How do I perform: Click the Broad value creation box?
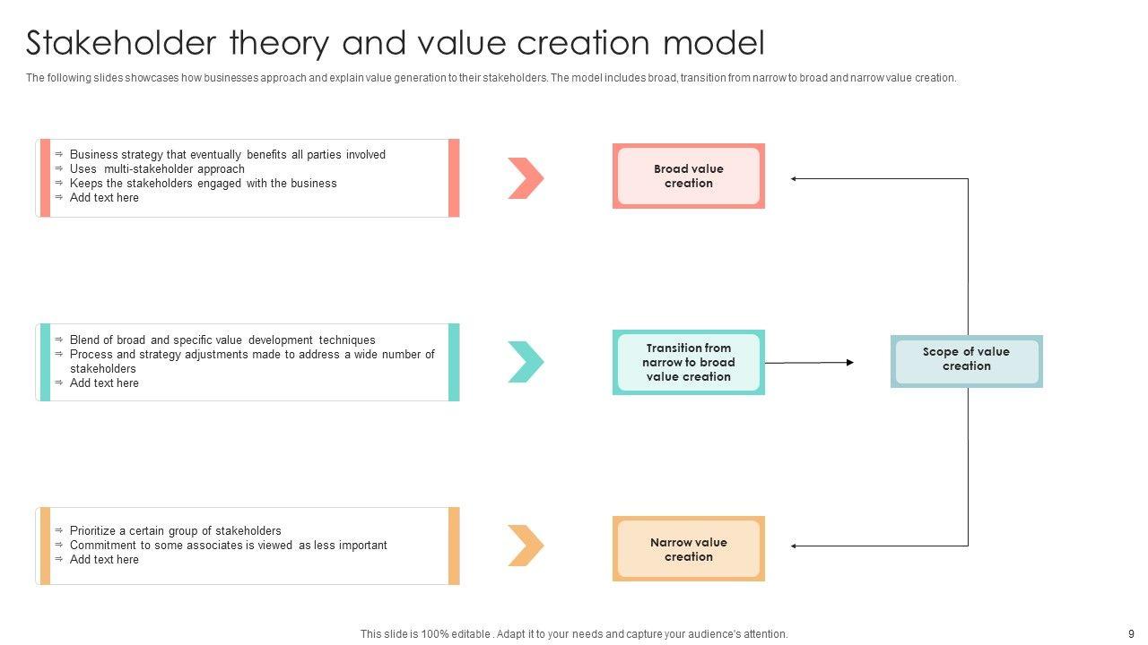pos(688,176)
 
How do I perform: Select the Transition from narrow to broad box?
pos(688,362)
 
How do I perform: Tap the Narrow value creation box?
pos(688,549)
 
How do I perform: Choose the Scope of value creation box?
pos(966,360)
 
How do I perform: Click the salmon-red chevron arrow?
pos(526,177)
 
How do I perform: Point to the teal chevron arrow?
pos(526,362)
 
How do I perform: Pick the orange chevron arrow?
pos(526,546)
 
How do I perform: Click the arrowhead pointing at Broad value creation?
pos(795,178)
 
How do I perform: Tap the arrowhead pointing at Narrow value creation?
pos(795,546)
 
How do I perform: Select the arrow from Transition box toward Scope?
pos(808,363)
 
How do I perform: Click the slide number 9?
pos(1131,633)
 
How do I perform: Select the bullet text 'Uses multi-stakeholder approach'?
pos(157,168)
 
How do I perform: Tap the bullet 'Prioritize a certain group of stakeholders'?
pos(175,530)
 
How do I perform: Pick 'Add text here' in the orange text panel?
pos(104,559)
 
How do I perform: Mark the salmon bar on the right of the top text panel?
pos(454,177)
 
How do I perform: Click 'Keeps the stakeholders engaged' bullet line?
pos(203,183)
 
